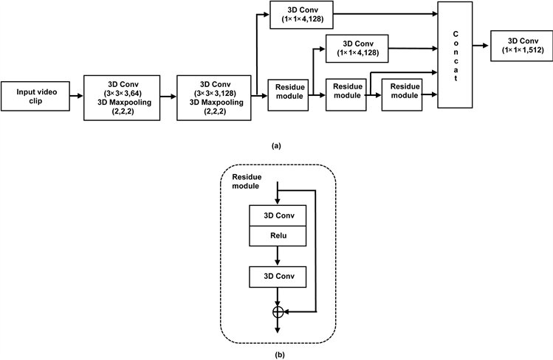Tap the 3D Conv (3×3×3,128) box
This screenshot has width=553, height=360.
point(213,94)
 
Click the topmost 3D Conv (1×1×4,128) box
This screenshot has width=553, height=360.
point(301,15)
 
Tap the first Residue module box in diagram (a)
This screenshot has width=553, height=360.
point(286,95)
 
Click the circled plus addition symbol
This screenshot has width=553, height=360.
point(278,313)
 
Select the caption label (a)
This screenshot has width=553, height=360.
point(276,145)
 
